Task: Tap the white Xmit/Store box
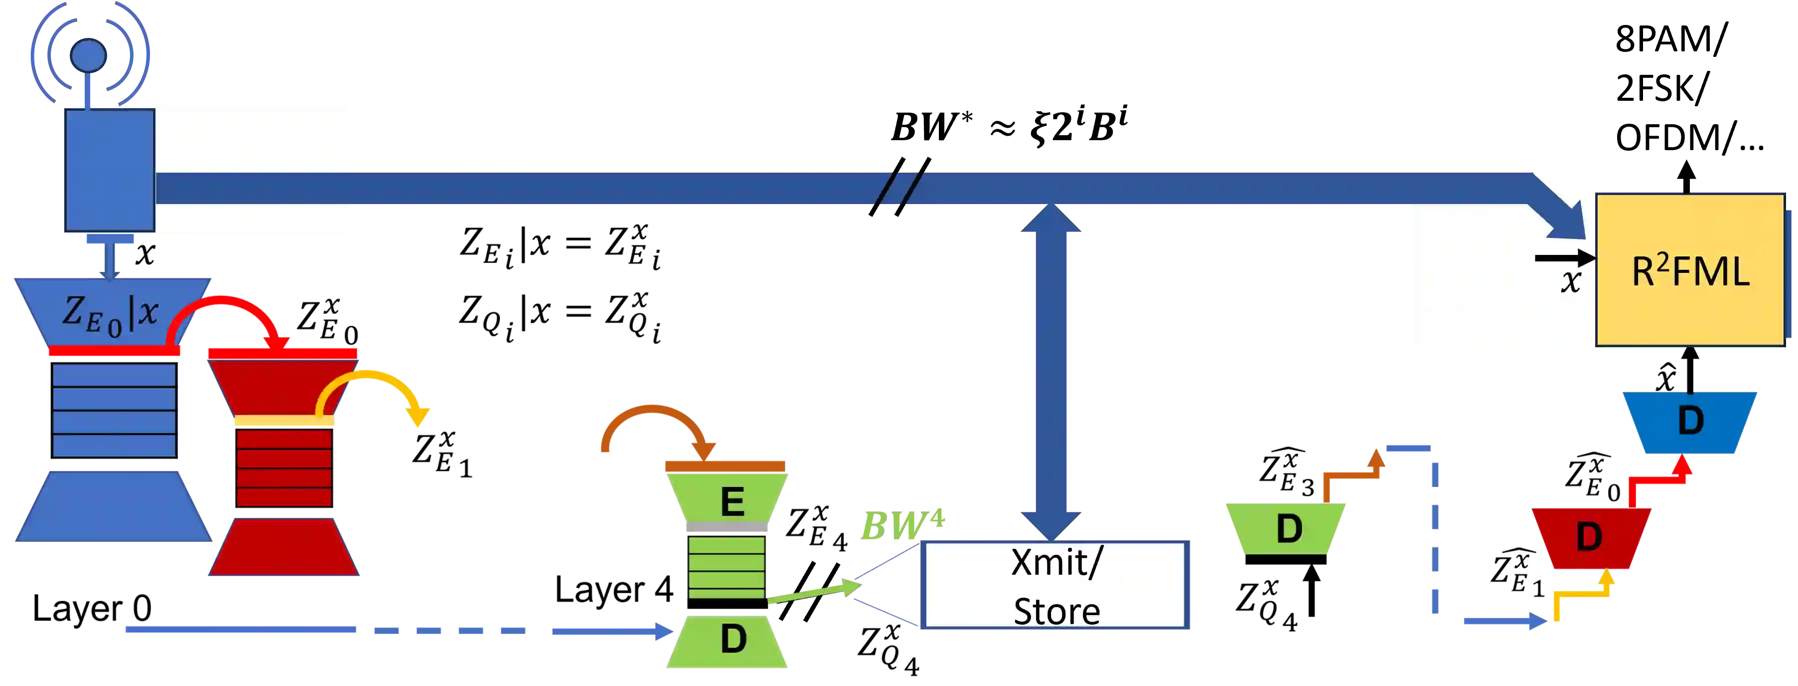point(1055,585)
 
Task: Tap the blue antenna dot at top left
point(89,54)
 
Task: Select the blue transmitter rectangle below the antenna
point(110,170)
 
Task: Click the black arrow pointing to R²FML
point(1563,258)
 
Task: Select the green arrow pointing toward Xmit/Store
point(813,594)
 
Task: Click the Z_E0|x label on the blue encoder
point(110,313)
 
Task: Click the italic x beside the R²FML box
point(1570,281)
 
